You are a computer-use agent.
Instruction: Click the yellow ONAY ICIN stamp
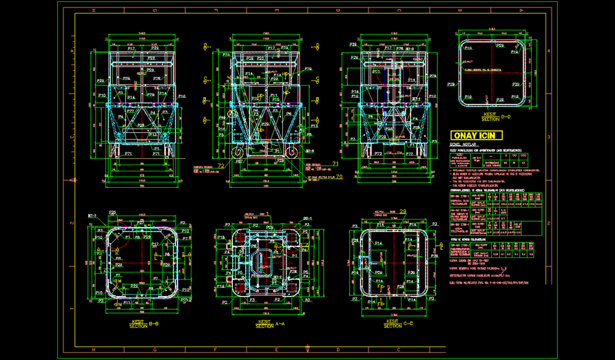(x=475, y=136)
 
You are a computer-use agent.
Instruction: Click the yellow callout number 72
(x=221, y=166)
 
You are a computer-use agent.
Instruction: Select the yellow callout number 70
(x=339, y=176)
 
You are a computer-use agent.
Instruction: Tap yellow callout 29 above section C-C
(x=403, y=211)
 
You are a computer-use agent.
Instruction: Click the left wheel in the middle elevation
(x=236, y=153)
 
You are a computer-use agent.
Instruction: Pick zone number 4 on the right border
(x=548, y=51)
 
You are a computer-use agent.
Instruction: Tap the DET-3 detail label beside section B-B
(x=91, y=216)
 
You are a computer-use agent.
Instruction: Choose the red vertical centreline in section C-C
(x=394, y=262)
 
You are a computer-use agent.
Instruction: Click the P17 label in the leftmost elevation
(x=131, y=49)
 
